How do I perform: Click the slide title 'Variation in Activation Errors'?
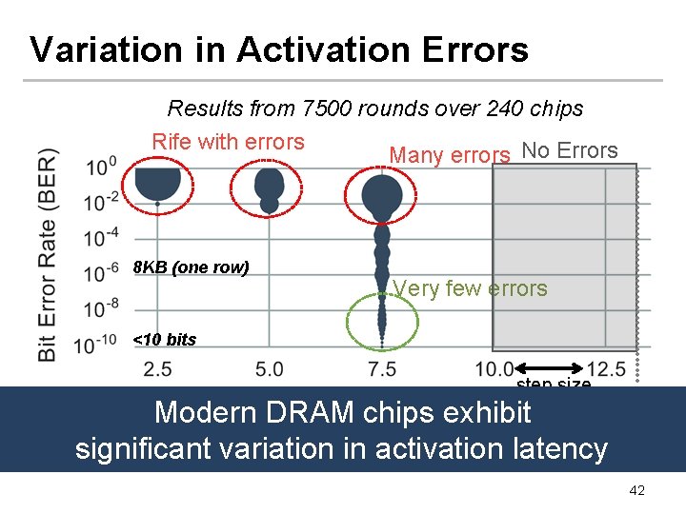point(278,49)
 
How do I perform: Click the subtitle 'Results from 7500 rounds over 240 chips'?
point(374,109)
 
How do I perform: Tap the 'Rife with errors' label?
point(228,142)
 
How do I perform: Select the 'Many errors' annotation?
point(450,155)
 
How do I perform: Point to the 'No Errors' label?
point(570,150)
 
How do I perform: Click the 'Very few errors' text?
point(470,288)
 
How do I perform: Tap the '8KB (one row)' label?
point(191,267)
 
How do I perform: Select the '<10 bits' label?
point(165,340)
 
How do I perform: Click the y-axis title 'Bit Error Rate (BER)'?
point(49,254)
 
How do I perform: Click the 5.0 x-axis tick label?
point(270,368)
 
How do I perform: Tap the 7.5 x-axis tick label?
point(381,368)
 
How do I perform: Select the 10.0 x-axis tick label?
point(494,368)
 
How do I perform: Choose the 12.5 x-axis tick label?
point(606,368)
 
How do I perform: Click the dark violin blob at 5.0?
point(270,186)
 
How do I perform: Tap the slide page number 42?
point(636,490)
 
